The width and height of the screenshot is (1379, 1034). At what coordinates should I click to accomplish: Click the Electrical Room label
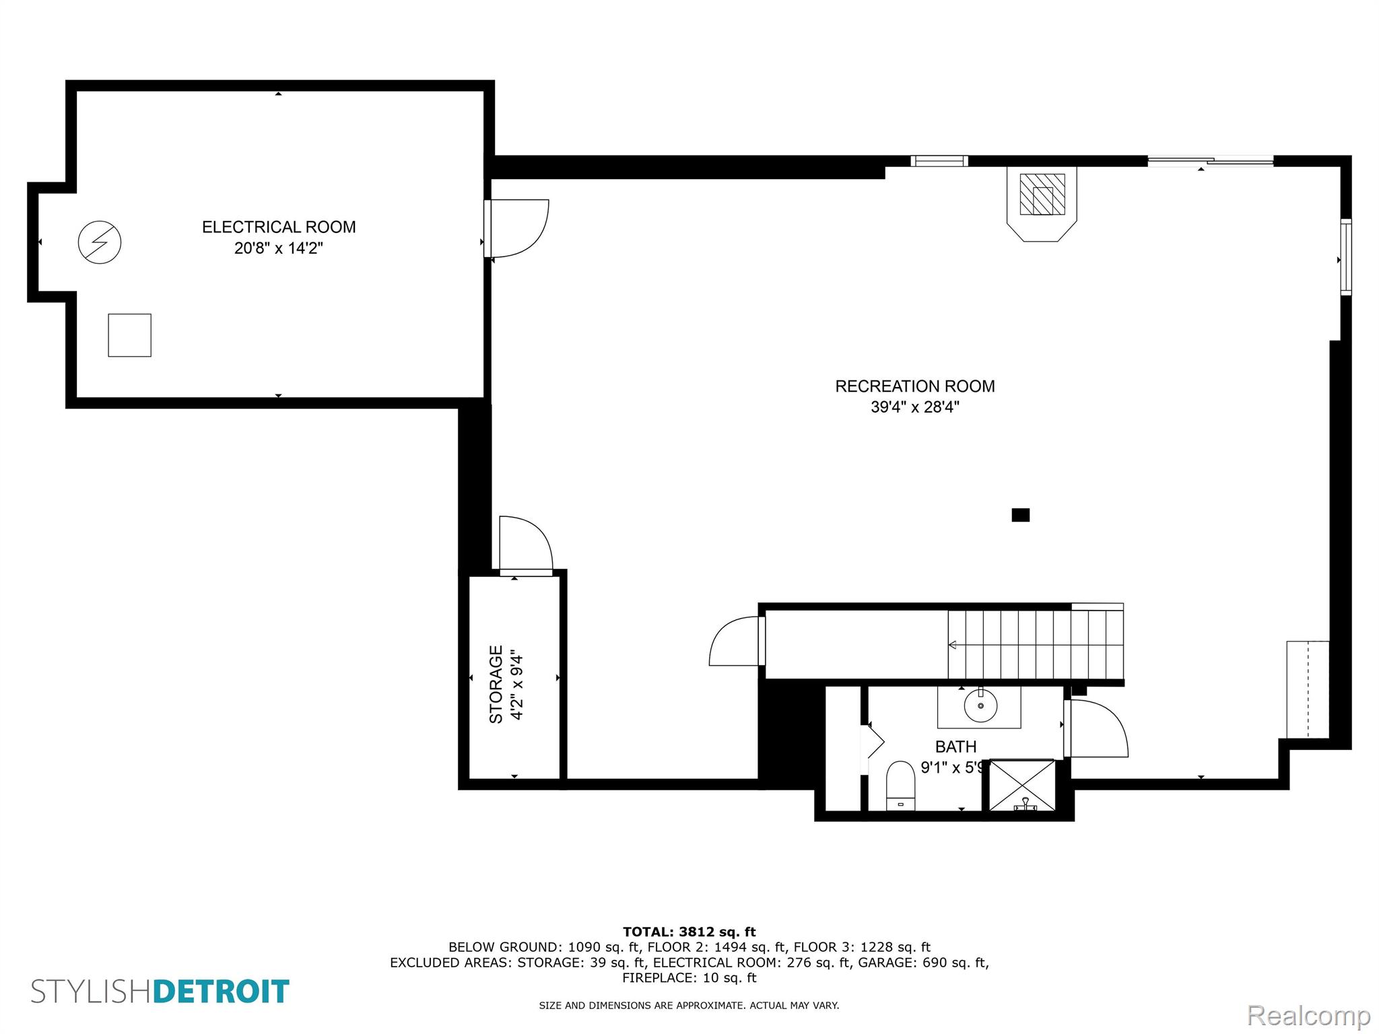point(279,227)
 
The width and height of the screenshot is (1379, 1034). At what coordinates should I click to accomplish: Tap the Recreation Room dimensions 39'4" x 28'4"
point(914,407)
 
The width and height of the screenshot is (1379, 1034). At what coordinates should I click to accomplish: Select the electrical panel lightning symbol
point(100,242)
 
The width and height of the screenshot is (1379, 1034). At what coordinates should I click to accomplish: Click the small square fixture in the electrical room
point(129,335)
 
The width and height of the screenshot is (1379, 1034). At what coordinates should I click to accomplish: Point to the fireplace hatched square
point(1042,195)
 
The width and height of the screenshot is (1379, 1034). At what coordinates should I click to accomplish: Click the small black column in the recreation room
point(1020,515)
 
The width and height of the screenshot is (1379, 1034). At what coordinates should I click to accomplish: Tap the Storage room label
point(496,684)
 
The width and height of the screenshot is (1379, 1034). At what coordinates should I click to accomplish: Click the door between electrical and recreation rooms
point(517,228)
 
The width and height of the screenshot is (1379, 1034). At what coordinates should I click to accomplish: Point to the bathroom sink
point(979,706)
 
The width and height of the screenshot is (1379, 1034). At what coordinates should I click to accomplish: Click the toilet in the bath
point(900,785)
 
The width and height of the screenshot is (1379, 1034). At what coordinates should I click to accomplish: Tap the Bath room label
point(955,747)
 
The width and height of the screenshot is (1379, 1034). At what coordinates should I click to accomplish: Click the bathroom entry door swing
point(1096,728)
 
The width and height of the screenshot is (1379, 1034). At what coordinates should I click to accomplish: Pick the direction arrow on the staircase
point(953,645)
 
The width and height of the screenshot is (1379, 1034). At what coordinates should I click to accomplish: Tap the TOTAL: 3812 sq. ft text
point(689,932)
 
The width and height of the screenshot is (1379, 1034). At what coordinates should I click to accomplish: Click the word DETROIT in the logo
point(222,992)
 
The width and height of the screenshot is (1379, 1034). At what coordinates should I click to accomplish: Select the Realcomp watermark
point(1308,1015)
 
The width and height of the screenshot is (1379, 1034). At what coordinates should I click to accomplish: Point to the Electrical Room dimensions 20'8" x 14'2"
point(279,248)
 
